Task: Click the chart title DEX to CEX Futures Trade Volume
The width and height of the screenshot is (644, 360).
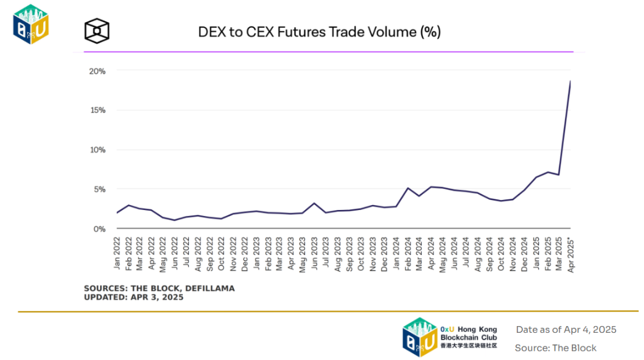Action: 319,32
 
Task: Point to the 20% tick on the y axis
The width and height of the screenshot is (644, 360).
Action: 98,71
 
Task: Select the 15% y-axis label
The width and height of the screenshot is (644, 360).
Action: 98,111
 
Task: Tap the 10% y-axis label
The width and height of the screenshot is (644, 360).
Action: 98,150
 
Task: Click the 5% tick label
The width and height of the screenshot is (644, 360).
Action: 99,189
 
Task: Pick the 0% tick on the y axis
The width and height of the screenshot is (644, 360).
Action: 99,228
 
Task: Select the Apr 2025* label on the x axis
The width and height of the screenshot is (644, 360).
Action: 570,256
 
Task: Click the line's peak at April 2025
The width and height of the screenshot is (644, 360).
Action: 570,82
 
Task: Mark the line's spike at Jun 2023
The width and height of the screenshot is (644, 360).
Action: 315,203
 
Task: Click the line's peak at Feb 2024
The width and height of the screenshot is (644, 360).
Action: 408,188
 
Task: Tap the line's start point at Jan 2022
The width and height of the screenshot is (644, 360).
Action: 117,212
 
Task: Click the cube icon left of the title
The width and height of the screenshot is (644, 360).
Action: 97,30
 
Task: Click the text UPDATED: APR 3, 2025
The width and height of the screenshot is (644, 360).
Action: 133,297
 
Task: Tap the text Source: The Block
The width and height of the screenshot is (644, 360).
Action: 556,348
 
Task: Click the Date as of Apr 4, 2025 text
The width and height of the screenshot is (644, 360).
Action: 566,330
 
